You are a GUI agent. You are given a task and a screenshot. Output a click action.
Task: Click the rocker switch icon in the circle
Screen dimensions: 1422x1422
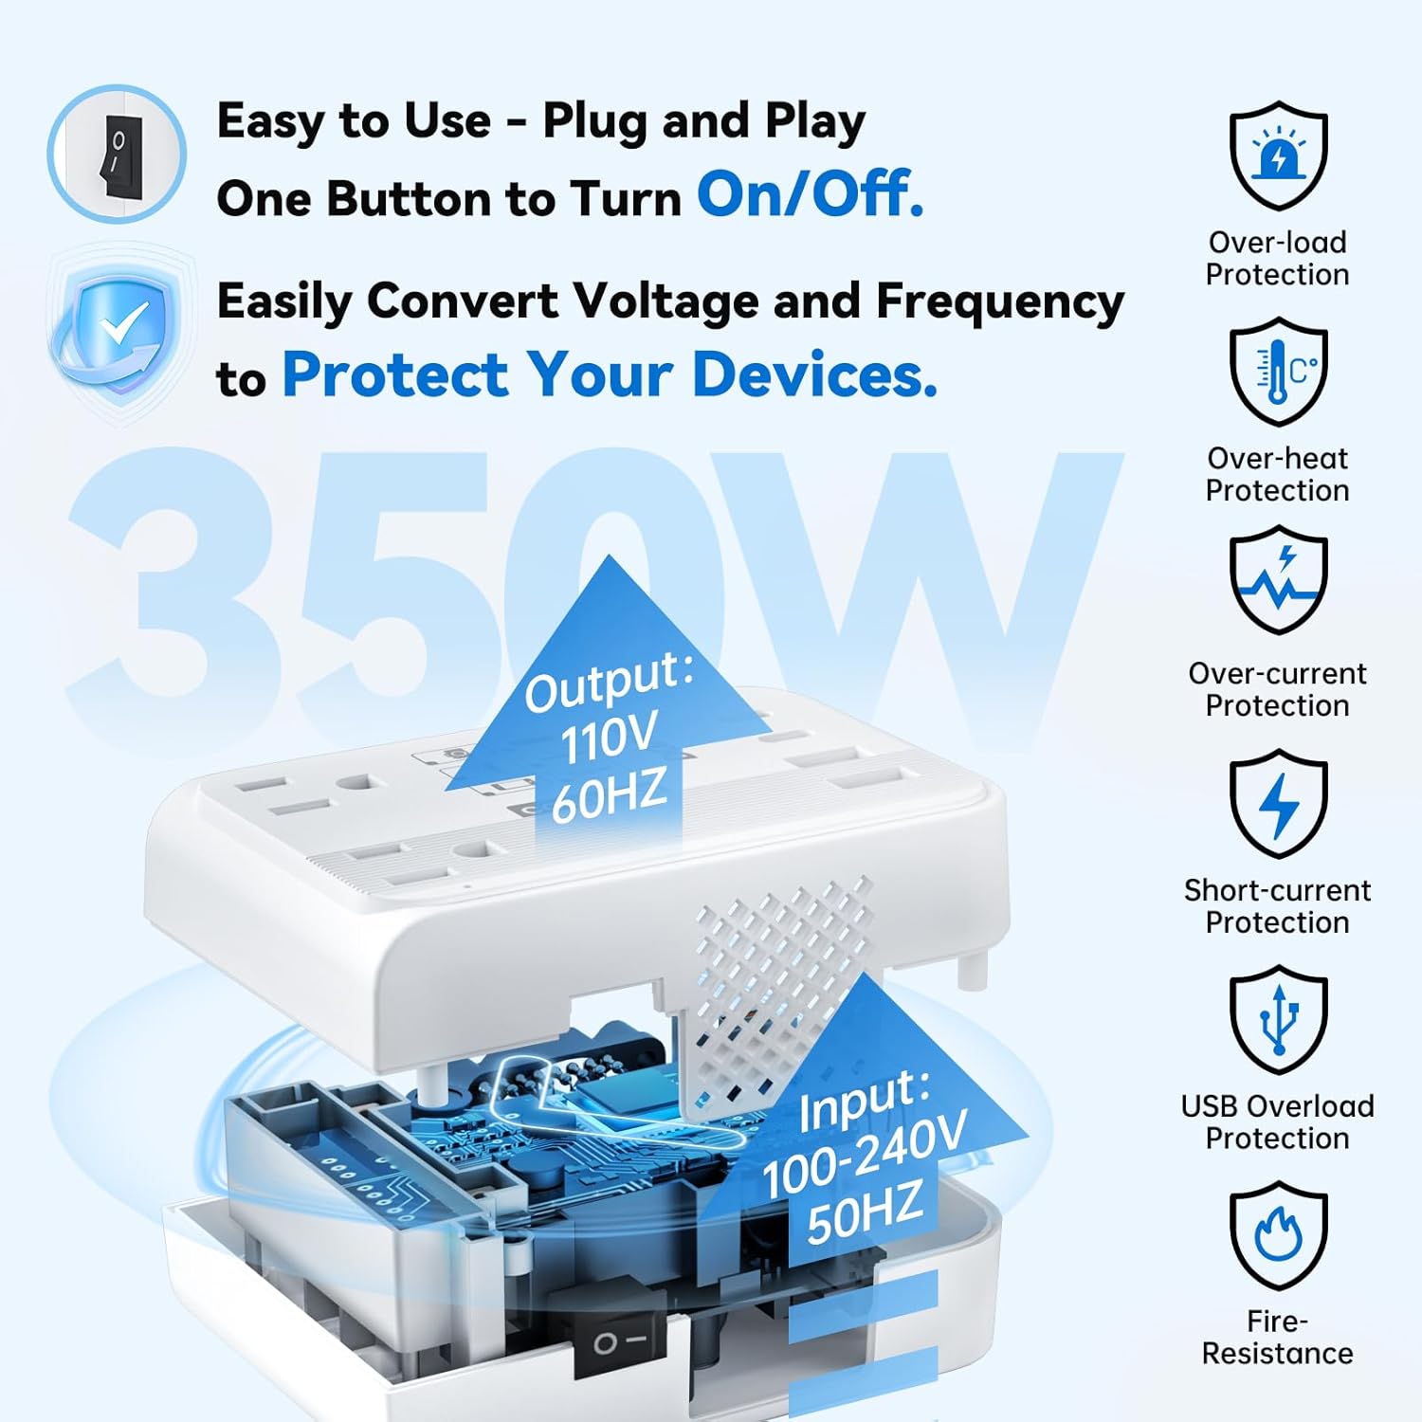118,155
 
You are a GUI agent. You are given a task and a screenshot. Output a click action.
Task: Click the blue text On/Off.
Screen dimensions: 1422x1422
810,194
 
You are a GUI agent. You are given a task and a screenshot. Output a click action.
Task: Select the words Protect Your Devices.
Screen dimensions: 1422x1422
610,374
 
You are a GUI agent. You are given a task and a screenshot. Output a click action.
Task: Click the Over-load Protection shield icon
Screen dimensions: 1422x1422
1277,155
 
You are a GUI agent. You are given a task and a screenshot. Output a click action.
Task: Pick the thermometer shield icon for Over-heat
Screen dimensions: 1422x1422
1277,372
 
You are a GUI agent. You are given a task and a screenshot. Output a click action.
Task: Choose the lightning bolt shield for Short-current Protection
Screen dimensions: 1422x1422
1277,804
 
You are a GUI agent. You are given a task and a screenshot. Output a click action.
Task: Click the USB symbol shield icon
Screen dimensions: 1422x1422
1277,1020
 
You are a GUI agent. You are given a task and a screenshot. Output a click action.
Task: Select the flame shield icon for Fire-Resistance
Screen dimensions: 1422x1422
1277,1235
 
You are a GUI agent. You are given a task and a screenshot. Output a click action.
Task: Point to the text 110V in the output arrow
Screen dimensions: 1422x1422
609,739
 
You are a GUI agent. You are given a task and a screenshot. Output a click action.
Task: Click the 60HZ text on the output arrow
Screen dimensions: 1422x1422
609,796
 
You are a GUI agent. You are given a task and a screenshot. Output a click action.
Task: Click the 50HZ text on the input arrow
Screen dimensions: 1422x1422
864,1213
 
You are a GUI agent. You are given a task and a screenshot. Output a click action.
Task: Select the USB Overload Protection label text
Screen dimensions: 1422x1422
1277,1122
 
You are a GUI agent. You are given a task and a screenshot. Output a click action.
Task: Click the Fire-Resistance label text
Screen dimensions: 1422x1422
1277,1338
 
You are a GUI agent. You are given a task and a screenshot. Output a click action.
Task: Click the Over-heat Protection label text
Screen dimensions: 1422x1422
1277,474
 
